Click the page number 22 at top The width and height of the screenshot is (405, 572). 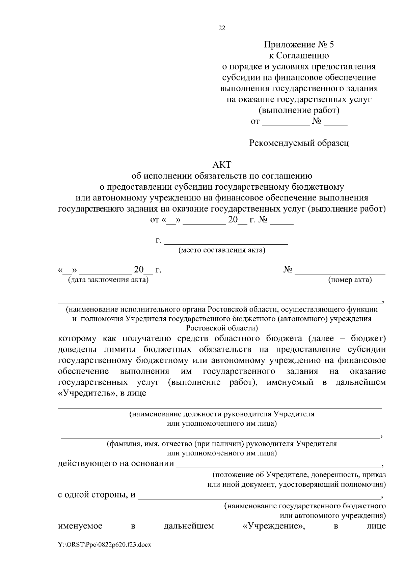click(222, 28)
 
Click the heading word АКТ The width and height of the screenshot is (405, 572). click(222, 165)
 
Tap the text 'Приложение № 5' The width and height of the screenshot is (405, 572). click(299, 44)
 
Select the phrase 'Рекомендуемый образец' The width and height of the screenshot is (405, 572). click(299, 143)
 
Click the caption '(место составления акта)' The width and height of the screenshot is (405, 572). click(222, 250)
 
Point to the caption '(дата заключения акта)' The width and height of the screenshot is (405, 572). click(108, 280)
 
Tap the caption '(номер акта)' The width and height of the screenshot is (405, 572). click(350, 280)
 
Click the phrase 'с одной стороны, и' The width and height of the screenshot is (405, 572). click(97, 495)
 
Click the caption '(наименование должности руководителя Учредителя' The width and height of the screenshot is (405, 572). click(222, 414)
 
